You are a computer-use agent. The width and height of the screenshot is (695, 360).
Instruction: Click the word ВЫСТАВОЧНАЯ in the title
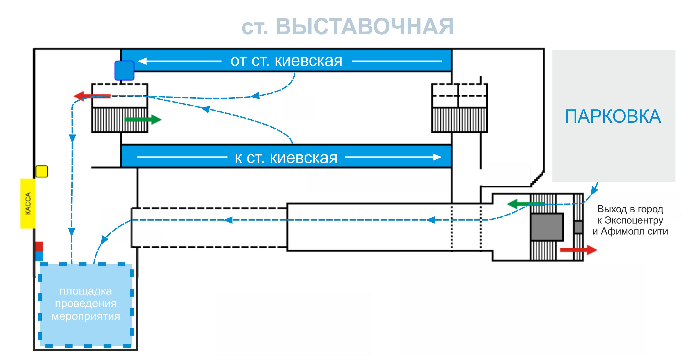point(364,27)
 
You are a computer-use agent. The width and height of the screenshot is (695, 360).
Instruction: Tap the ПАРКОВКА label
point(613,116)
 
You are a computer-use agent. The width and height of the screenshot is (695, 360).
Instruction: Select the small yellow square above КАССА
point(42,171)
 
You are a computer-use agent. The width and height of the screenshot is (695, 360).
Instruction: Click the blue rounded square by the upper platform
point(124,71)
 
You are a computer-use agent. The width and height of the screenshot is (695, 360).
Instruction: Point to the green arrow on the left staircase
point(143,120)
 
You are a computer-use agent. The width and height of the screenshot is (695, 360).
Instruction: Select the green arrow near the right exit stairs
point(519,204)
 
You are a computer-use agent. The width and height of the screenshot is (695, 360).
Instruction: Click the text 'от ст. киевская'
point(286,61)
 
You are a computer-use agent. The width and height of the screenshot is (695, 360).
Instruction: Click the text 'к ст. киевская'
point(286,158)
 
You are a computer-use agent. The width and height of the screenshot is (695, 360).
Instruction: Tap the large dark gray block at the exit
point(547,227)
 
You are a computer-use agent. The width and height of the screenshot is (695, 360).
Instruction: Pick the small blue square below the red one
point(39,256)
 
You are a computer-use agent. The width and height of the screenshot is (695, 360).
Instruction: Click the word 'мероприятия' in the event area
point(86,316)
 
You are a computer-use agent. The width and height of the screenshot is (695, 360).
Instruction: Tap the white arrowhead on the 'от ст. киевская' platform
point(142,61)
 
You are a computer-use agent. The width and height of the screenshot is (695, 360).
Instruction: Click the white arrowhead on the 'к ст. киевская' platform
point(437,157)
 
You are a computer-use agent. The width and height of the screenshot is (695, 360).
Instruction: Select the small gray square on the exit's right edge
point(578,227)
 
